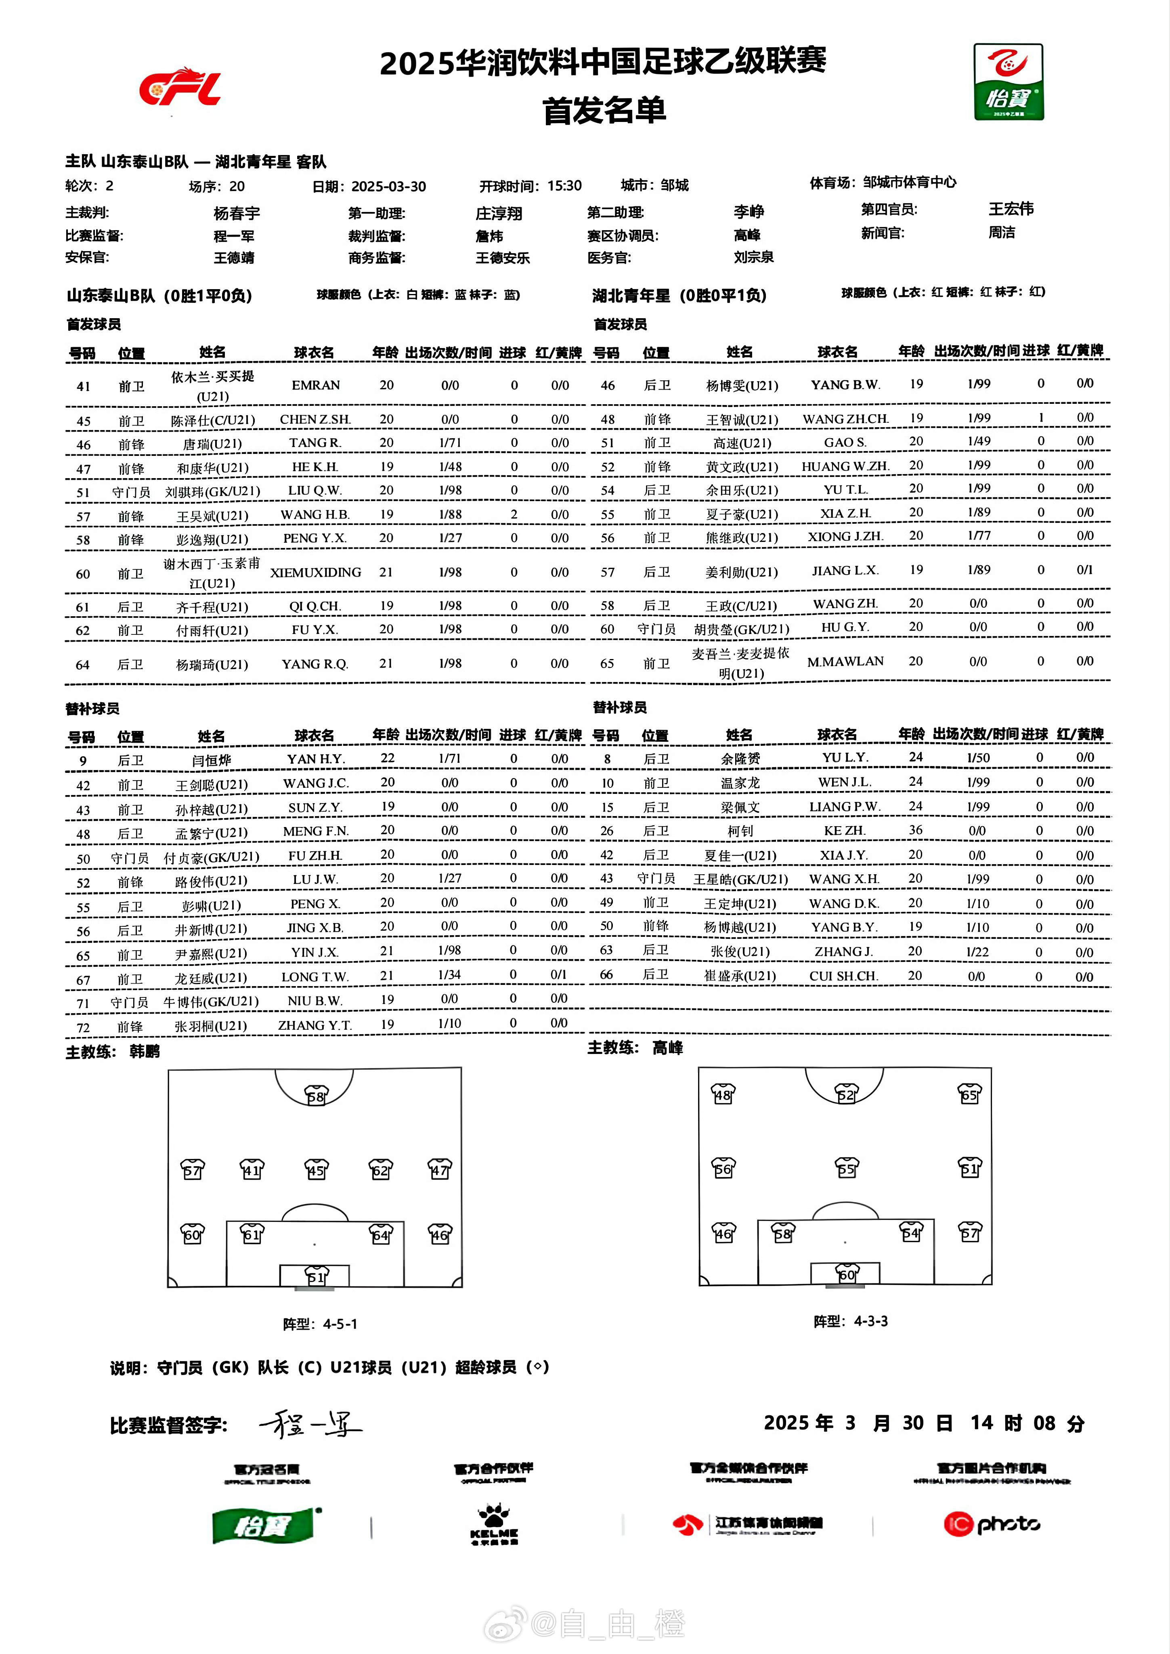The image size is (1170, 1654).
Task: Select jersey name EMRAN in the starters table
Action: point(316,385)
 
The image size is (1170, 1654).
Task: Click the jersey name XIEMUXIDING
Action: point(316,573)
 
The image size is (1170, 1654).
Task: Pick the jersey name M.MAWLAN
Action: point(845,661)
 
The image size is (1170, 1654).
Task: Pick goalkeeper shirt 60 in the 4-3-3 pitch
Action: point(847,1274)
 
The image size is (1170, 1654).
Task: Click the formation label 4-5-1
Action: point(340,1324)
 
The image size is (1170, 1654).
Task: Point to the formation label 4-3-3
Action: point(870,1321)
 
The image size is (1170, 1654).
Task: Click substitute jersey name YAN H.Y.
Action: point(316,759)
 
